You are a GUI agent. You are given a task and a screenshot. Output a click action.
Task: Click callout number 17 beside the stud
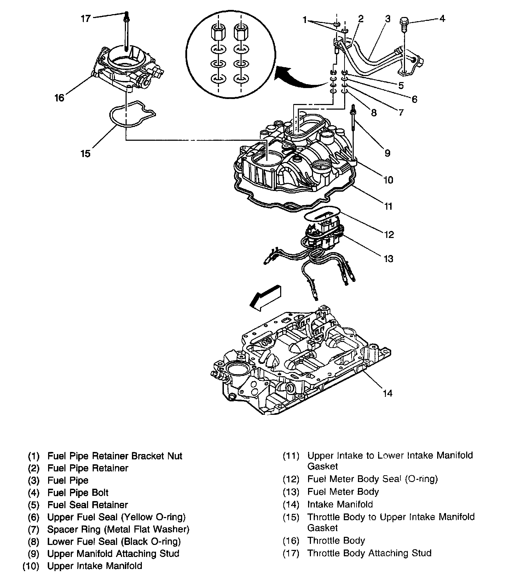(x=86, y=18)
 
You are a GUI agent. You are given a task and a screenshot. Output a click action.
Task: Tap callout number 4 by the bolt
(x=442, y=18)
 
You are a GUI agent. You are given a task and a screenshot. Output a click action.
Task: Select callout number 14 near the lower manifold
(x=388, y=393)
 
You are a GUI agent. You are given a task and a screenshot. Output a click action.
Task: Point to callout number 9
(x=387, y=153)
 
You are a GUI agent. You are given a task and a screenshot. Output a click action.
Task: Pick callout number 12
(x=389, y=234)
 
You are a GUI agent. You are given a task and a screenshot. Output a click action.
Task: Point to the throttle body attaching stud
(x=126, y=32)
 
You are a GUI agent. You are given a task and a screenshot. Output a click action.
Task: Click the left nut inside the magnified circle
(x=218, y=34)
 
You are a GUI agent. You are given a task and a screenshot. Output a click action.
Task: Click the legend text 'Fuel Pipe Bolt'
(x=78, y=493)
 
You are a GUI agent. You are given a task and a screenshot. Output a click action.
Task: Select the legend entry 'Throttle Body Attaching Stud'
(x=369, y=553)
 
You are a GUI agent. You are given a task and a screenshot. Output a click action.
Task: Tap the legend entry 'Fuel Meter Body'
(x=343, y=492)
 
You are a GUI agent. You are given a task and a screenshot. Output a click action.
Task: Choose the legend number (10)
(x=31, y=566)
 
